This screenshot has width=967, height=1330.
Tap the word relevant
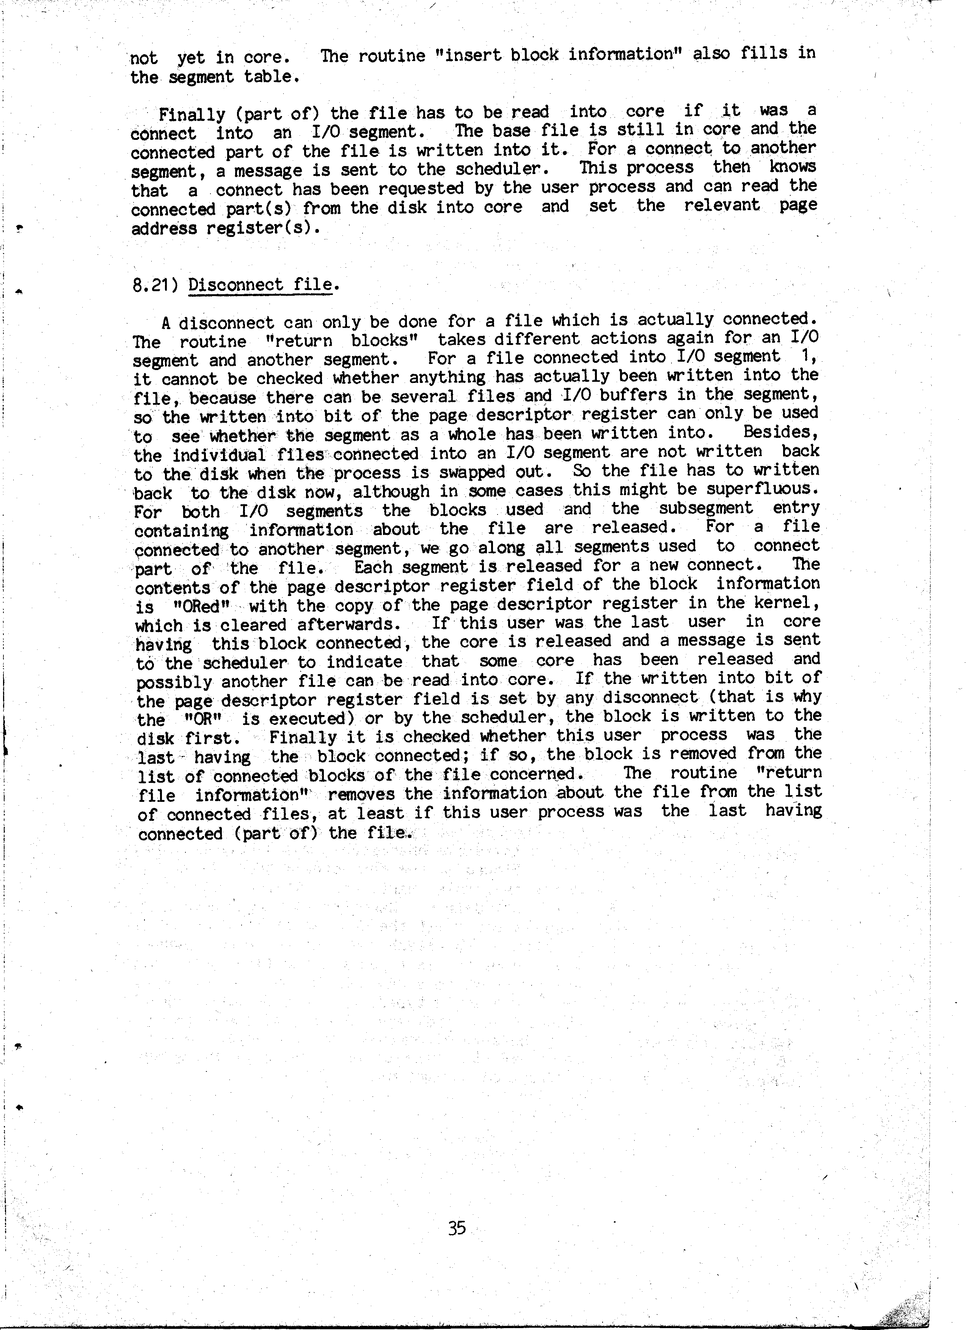tap(722, 205)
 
